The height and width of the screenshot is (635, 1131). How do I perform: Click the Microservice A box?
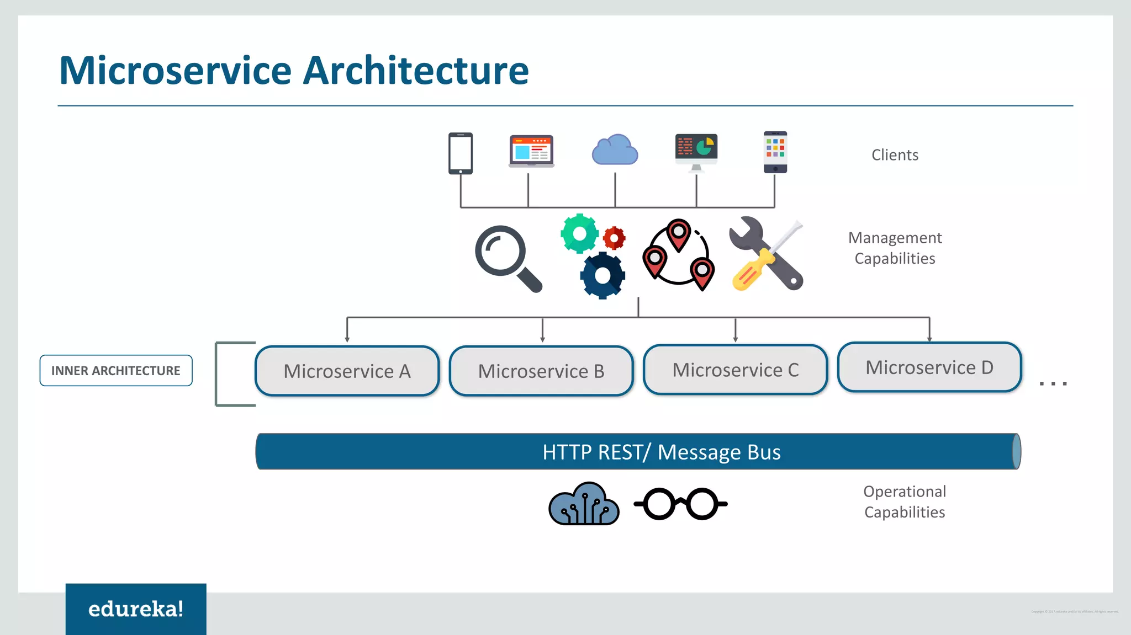347,371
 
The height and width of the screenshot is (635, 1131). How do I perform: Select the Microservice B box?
541,371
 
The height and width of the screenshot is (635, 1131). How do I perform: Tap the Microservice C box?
736,370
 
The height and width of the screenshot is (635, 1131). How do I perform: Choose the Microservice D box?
929,367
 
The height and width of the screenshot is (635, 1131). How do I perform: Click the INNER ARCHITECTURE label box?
116,371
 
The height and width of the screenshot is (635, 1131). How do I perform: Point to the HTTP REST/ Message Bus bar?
638,452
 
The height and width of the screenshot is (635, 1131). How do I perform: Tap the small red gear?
614,238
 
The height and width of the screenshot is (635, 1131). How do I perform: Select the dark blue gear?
603,275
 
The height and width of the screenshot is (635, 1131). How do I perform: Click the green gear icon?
579,233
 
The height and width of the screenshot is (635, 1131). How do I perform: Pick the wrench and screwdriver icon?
767,254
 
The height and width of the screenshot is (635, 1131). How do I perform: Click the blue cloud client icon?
615,151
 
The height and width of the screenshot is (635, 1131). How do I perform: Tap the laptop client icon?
531,151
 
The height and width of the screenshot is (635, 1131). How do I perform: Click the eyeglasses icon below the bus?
680,504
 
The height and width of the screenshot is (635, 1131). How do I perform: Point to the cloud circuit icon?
584,504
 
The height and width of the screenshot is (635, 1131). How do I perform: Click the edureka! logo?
136,609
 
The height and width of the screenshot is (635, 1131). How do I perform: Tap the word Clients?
895,155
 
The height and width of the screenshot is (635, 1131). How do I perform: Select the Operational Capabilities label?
905,501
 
